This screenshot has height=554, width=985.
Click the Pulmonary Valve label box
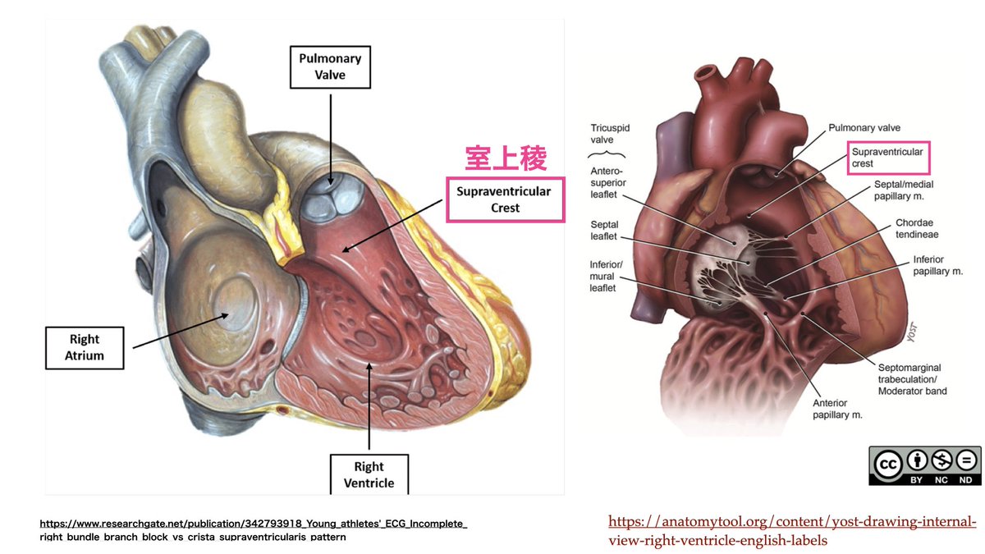(x=329, y=66)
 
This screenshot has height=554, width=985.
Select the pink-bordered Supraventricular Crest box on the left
(x=506, y=199)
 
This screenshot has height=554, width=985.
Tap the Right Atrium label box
(x=85, y=346)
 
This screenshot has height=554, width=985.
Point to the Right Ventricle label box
(x=369, y=475)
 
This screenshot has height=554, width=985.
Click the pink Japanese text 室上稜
(x=506, y=159)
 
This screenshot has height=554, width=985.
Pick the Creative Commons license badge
(x=924, y=465)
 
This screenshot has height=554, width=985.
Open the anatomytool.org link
(x=792, y=531)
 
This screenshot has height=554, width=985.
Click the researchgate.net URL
(x=254, y=529)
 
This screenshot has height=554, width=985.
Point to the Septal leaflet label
(x=604, y=230)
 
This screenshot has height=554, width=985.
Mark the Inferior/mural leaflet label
(x=607, y=276)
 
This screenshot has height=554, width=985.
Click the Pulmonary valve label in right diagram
(x=864, y=128)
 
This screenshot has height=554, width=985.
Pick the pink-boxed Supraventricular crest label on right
(x=887, y=158)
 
